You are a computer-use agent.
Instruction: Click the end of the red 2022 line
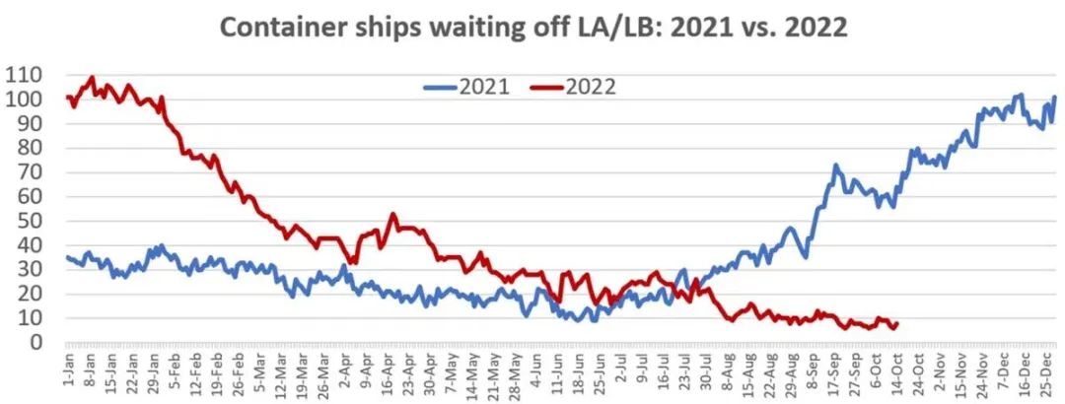[x=895, y=324]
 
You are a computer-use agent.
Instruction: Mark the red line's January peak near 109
[x=92, y=77]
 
